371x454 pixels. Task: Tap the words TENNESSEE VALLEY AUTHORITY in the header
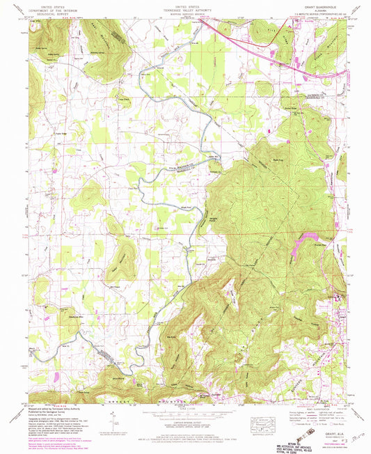(x=185, y=7)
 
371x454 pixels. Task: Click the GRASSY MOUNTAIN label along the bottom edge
(x=139, y=402)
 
